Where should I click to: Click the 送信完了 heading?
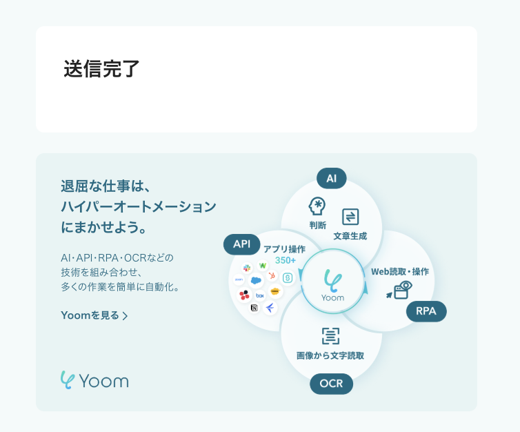click(101, 69)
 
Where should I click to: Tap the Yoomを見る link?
click(94, 315)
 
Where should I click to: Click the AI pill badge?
click(331, 178)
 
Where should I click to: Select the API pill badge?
click(241, 244)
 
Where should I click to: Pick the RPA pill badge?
click(426, 311)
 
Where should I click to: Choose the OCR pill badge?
click(331, 383)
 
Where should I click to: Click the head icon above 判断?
click(317, 206)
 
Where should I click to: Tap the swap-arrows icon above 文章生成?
click(350, 217)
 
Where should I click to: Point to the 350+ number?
click(285, 260)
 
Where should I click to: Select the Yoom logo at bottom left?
click(94, 380)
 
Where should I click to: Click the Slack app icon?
click(247, 268)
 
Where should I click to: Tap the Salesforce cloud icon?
click(257, 280)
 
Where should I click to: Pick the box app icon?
click(260, 295)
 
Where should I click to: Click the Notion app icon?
click(254, 308)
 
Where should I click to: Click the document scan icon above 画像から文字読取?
click(330, 336)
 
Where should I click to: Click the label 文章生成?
click(350, 235)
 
